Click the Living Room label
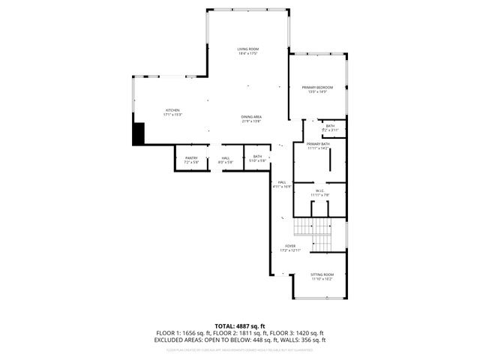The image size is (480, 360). (248, 49)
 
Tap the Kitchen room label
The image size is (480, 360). (173, 110)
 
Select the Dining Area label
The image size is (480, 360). (251, 117)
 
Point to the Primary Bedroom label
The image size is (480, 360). (317, 88)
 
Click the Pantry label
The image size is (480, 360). (191, 158)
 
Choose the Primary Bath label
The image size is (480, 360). (319, 144)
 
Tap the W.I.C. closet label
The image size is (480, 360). (319, 190)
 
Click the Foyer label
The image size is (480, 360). (289, 246)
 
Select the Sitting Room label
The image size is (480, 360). (322, 275)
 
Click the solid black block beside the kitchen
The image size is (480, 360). (138, 134)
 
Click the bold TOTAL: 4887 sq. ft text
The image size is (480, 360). (240, 325)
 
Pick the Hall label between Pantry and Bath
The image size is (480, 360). (225, 157)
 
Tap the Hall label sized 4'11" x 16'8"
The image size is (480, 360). (283, 182)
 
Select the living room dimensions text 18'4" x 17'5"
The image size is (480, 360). (248, 53)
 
